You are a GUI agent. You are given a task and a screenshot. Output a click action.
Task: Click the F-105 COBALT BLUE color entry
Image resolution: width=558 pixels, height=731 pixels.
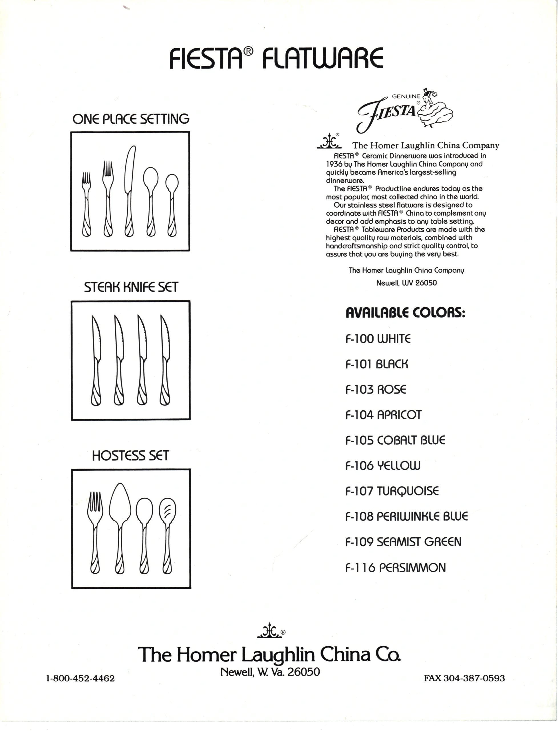pyautogui.click(x=395, y=440)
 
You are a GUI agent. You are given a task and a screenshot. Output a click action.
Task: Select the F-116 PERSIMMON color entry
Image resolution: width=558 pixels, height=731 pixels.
pyautogui.click(x=396, y=567)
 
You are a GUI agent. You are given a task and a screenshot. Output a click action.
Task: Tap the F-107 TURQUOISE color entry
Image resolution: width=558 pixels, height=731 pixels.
pyautogui.click(x=392, y=491)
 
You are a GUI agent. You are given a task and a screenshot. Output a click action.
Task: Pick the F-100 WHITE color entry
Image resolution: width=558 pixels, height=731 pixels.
pyautogui.click(x=378, y=339)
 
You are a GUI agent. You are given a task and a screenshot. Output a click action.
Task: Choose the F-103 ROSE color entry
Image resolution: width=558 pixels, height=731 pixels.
pyautogui.click(x=376, y=389)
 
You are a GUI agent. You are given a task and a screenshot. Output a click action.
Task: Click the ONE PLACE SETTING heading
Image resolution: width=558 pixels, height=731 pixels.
pyautogui.click(x=131, y=119)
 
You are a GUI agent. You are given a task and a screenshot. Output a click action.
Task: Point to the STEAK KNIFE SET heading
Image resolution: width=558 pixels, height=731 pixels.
pyautogui.click(x=131, y=287)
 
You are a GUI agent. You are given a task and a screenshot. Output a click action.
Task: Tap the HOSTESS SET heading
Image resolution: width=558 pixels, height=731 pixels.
pyautogui.click(x=130, y=455)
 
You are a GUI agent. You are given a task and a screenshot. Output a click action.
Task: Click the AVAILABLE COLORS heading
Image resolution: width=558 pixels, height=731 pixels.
pyautogui.click(x=405, y=313)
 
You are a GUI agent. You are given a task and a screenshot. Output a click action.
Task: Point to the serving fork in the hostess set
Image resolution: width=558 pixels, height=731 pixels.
pyautogui.click(x=95, y=532)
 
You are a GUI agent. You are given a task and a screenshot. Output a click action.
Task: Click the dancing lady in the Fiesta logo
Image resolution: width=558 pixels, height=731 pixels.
pyautogui.click(x=435, y=108)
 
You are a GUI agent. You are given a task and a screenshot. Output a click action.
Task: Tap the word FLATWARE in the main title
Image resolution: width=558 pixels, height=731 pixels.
pyautogui.click(x=322, y=59)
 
